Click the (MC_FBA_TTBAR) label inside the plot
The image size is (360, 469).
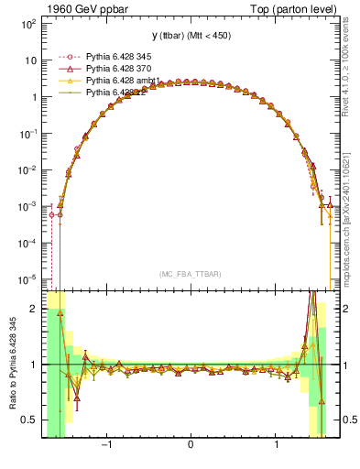coord(190,273)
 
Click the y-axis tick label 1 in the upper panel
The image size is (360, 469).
coord(33,97)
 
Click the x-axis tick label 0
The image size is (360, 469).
coord(190,446)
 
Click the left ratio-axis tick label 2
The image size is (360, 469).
coord(33,310)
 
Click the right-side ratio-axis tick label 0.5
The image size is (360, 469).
coord(348,420)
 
